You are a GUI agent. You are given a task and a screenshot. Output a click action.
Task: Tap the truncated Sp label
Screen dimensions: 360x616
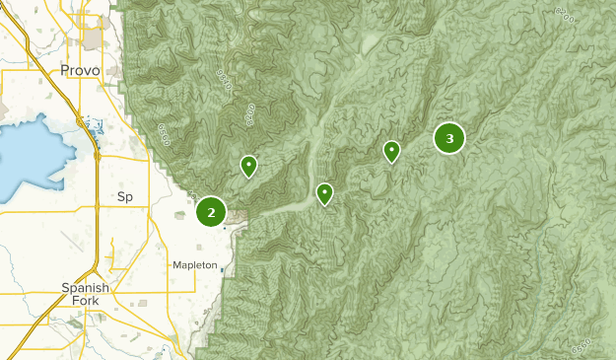pos(125,197)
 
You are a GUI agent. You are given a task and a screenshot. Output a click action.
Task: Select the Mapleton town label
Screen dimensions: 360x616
pos(193,265)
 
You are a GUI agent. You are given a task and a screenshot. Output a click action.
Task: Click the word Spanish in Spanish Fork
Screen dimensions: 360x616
pos(84,287)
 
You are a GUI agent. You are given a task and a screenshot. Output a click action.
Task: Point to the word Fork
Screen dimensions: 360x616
pos(85,300)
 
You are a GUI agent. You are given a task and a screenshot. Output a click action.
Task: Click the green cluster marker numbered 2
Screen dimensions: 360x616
pos(211,211)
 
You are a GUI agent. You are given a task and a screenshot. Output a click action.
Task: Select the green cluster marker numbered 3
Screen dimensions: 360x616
pos(449,139)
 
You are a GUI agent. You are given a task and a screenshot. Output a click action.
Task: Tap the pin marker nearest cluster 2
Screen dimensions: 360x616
pos(249,166)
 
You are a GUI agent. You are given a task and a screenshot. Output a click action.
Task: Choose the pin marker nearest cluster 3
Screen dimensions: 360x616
pos(391,150)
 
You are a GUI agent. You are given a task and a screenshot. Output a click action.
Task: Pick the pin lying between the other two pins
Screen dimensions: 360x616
pos(324,193)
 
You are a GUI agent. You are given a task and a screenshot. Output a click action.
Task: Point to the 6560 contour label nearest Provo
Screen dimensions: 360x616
pos(164,135)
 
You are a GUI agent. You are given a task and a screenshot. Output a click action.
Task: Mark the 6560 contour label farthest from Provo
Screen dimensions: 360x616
pos(582,348)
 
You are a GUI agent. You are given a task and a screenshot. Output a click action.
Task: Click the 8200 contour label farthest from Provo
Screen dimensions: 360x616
pos(565,17)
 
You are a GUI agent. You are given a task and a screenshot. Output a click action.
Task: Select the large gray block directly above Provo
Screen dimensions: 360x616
pos(95,39)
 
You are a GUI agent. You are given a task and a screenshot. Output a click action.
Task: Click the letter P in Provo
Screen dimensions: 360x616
pos(65,71)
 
